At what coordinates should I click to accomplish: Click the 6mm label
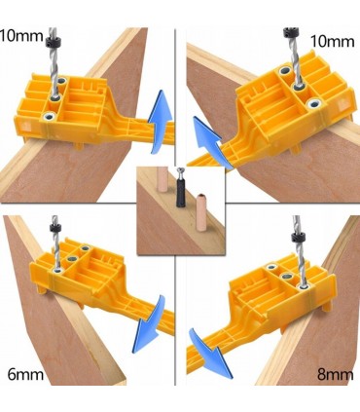pyautogui.click(x=25, y=375)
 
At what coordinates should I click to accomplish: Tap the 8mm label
pyautogui.click(x=336, y=375)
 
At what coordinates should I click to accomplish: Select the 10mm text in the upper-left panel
pyautogui.click(x=21, y=35)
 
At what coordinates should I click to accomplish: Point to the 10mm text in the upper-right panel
pyautogui.click(x=333, y=41)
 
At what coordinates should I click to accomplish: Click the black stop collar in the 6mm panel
pyautogui.click(x=55, y=228)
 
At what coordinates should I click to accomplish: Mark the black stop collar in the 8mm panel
pyautogui.click(x=298, y=239)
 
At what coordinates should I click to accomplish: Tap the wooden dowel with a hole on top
pyautogui.click(x=201, y=210)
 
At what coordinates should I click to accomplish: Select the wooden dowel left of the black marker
pyautogui.click(x=162, y=181)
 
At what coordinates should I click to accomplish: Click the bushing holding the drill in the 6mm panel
pyautogui.click(x=58, y=270)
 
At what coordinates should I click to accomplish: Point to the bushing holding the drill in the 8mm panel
pyautogui.click(x=304, y=286)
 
